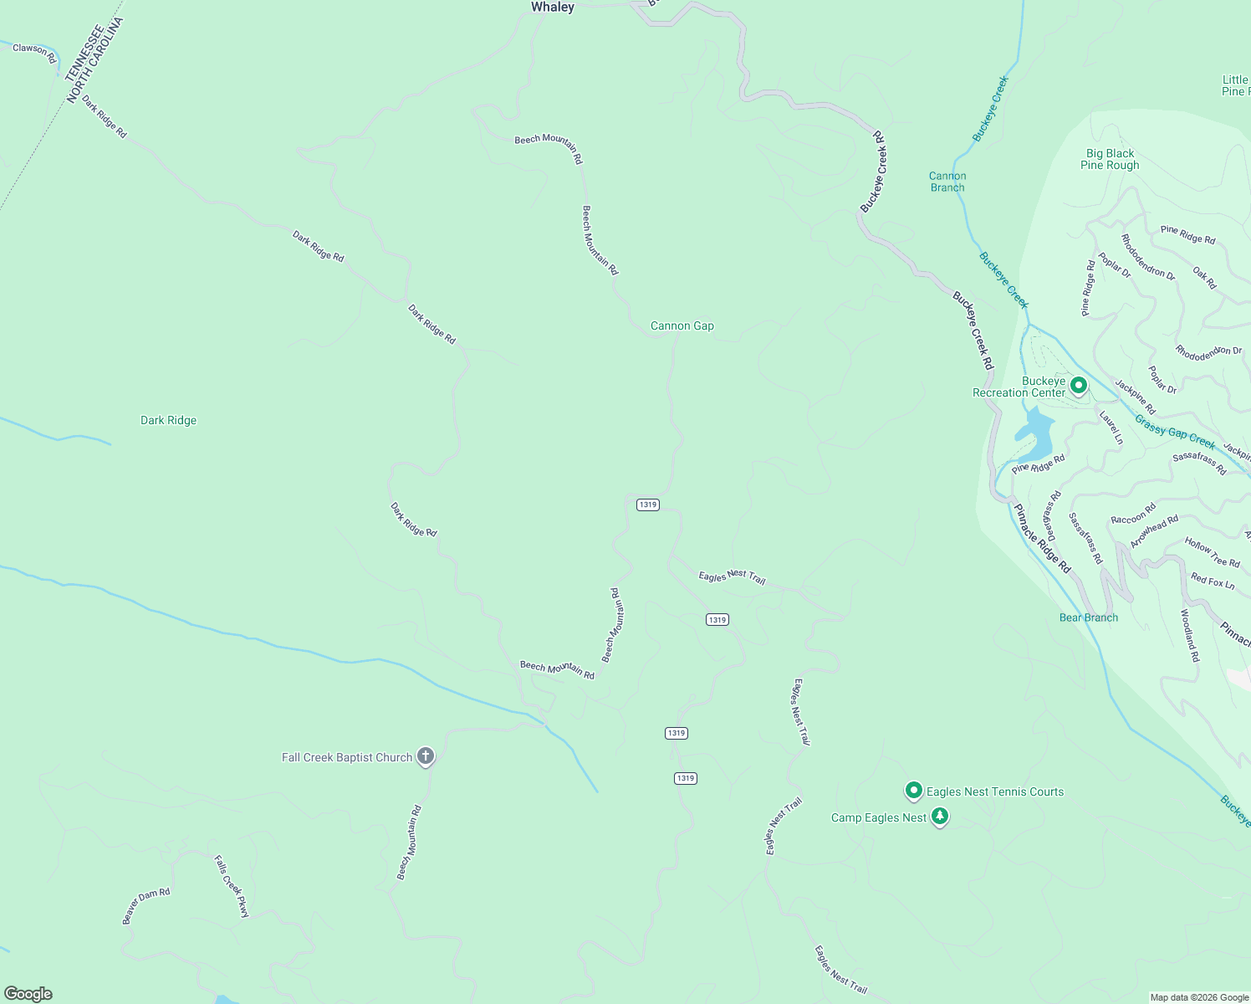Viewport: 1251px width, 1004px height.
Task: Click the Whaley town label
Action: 553,8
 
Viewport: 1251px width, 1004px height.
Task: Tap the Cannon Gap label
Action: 682,326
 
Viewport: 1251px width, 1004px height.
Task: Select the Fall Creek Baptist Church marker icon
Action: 426,756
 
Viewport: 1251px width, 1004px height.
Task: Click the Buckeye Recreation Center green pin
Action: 1079,385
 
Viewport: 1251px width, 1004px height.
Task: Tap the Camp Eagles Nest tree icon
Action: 940,817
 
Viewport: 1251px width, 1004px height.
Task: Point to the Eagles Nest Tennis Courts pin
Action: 914,790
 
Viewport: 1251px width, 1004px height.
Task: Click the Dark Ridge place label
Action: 168,421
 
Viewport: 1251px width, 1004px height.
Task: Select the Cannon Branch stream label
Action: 947,182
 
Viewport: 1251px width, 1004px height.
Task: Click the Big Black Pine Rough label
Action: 1110,159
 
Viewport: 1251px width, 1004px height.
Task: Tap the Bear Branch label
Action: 1088,617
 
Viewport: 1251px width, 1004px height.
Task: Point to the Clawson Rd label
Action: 34,52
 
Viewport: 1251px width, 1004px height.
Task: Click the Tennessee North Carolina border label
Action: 94,61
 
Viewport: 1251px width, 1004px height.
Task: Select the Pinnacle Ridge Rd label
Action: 1042,538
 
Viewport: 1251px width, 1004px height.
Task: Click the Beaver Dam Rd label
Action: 146,906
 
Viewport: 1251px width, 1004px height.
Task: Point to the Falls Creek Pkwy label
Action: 232,886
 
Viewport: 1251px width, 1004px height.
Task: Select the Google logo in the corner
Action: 28,994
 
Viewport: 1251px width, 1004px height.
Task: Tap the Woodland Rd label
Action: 1190,636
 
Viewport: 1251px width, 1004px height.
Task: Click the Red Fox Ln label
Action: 1213,581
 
